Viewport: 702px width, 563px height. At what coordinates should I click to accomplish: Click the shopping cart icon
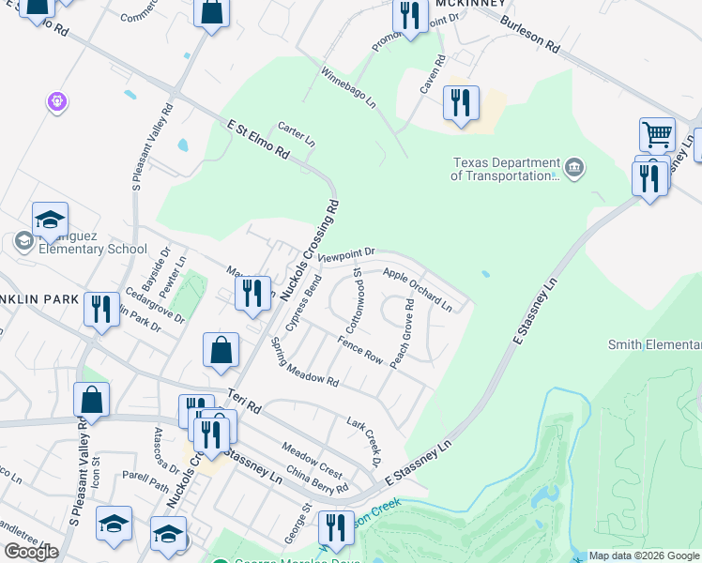(658, 134)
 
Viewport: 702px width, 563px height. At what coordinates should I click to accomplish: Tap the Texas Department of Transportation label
(505, 169)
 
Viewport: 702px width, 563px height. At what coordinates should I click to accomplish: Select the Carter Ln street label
(297, 134)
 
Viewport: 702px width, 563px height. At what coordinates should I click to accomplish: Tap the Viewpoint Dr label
(346, 254)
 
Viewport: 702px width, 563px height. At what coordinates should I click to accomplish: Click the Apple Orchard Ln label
(418, 289)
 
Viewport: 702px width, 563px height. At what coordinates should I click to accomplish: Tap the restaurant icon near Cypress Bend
(252, 293)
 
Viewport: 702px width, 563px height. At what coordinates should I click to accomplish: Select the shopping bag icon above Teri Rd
(220, 350)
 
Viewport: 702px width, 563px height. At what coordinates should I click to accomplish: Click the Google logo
(31, 551)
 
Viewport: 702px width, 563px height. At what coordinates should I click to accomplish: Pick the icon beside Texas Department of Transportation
(575, 169)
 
